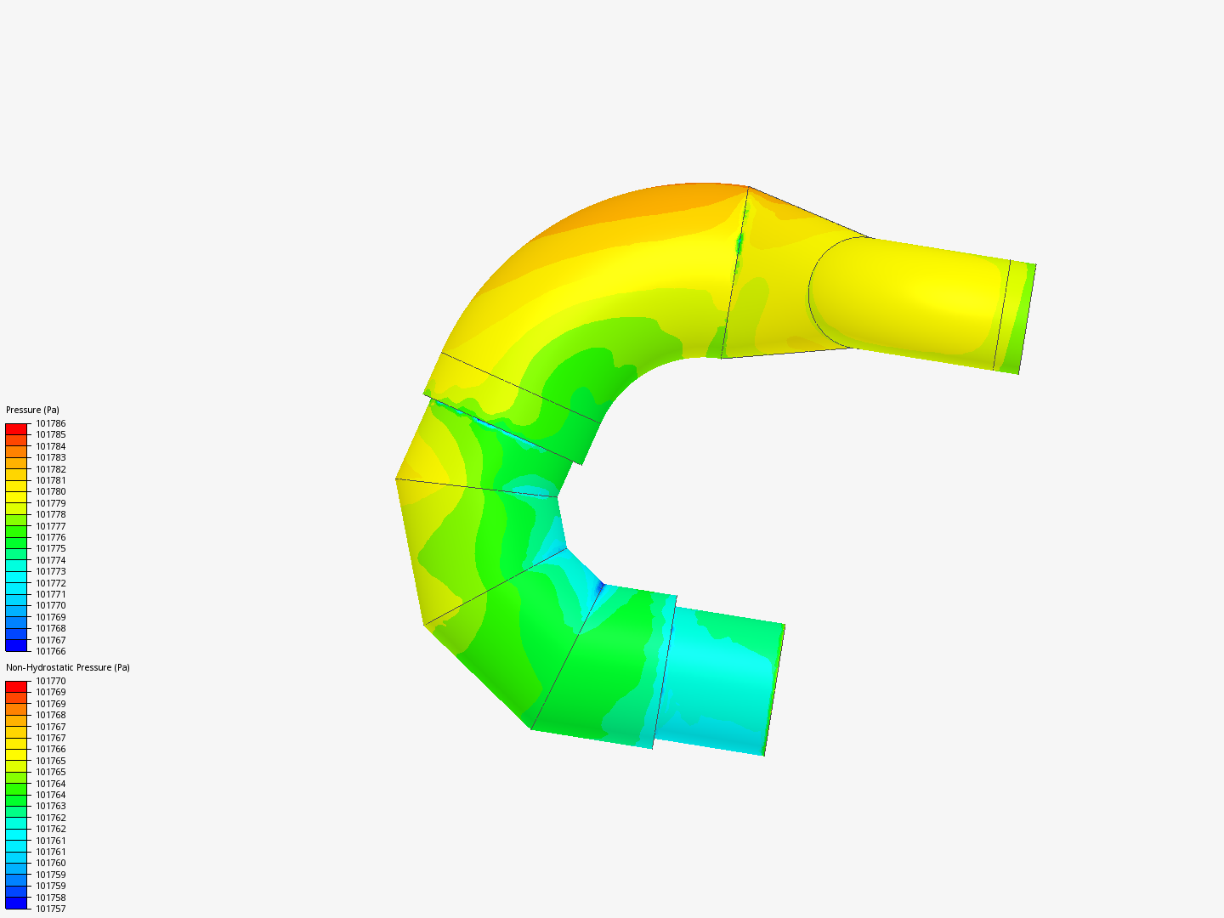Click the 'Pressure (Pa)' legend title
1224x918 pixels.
(x=32, y=410)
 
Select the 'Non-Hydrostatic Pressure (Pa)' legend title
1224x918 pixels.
(x=67, y=667)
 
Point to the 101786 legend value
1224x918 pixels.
(x=51, y=423)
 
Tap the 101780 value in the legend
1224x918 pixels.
(x=51, y=491)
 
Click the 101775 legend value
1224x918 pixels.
(x=51, y=548)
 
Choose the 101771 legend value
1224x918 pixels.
(x=51, y=594)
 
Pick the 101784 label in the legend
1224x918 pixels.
(x=51, y=446)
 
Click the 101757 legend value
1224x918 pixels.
(x=51, y=909)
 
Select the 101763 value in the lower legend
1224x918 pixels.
(x=51, y=806)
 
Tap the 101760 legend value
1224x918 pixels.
(x=51, y=863)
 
